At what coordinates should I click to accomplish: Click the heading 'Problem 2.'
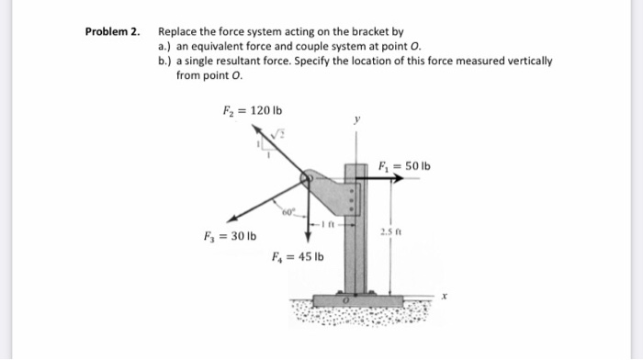click(x=113, y=31)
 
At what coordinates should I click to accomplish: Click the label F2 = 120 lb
click(x=245, y=112)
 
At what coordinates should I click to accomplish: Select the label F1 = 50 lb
click(x=404, y=166)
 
